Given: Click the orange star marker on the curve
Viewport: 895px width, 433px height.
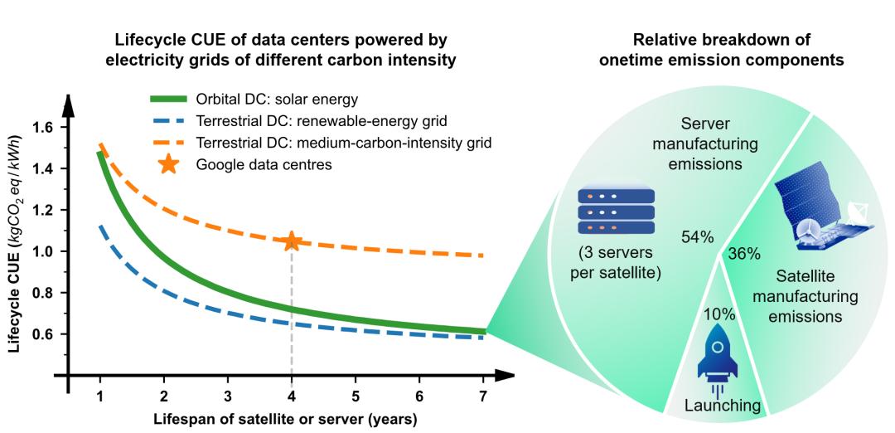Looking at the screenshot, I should (x=292, y=241).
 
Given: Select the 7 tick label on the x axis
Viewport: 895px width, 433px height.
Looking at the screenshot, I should (x=483, y=396).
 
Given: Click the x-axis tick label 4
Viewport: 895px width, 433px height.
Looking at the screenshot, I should (x=292, y=396).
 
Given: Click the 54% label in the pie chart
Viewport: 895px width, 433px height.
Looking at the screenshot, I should (x=697, y=237).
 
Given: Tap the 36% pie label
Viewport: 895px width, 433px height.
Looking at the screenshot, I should (x=743, y=255).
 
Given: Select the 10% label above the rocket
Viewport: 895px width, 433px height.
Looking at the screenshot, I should (x=718, y=314).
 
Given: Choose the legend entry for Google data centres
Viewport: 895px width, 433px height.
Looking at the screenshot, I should (x=264, y=164).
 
